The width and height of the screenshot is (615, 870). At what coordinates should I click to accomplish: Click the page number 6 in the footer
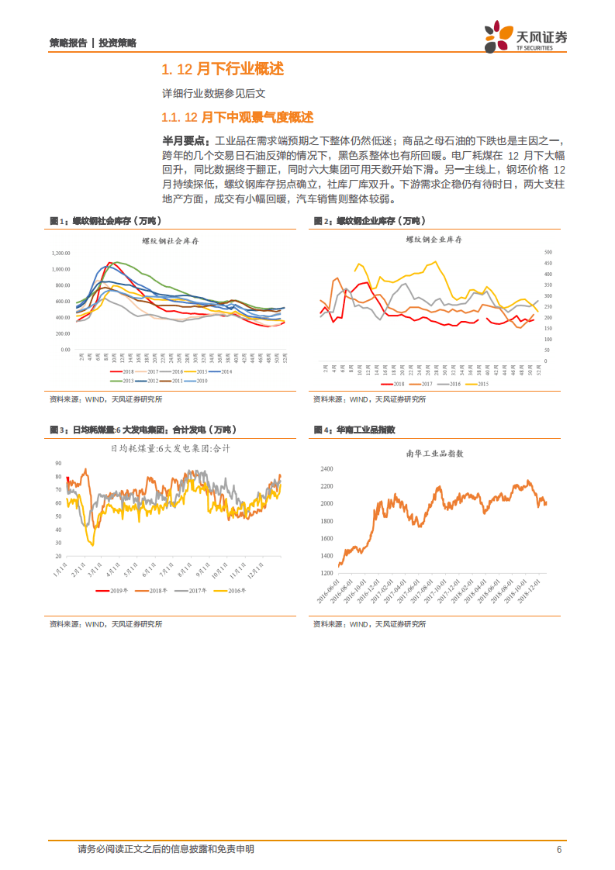click(x=558, y=850)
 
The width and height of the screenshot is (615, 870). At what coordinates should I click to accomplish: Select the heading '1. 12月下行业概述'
click(x=222, y=70)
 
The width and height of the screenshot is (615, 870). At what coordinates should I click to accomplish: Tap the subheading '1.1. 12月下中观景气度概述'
click(x=237, y=118)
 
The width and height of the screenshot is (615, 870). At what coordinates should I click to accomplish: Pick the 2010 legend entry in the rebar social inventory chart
click(x=198, y=381)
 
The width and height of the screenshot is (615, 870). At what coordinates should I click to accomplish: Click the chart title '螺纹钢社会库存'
click(x=171, y=241)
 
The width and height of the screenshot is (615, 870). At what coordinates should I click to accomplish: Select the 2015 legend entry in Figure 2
click(x=479, y=384)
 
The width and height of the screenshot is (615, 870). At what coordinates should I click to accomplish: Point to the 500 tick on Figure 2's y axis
click(x=547, y=252)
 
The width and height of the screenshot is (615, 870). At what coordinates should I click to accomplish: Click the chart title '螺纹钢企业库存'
click(x=434, y=240)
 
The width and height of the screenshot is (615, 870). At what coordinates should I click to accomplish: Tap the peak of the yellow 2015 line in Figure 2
click(x=434, y=262)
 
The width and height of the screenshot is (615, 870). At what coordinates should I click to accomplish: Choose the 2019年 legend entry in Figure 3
click(x=116, y=591)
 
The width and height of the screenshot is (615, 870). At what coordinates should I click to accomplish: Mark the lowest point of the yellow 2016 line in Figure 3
click(x=92, y=545)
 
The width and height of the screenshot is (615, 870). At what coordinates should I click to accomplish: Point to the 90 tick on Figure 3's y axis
click(x=58, y=463)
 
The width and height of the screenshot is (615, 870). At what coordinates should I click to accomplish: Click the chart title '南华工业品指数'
click(x=434, y=454)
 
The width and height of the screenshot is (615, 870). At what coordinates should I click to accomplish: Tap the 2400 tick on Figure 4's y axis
click(x=326, y=469)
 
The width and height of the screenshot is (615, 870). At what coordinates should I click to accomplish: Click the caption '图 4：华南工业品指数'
click(x=354, y=430)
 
